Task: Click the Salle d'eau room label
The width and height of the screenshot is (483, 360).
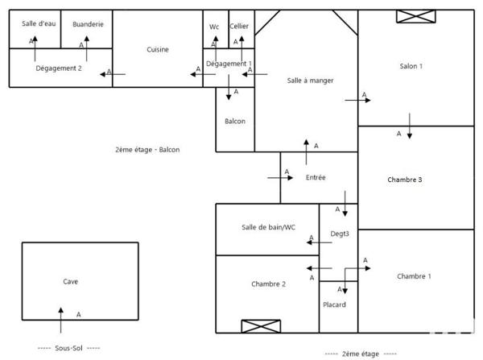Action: (35, 24)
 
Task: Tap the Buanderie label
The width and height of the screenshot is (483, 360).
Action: (88, 24)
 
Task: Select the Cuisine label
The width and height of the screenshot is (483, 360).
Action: (158, 49)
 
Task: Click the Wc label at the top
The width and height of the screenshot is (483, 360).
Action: (214, 27)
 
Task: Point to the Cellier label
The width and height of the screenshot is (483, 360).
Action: (239, 27)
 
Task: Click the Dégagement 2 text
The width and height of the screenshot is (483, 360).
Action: (59, 68)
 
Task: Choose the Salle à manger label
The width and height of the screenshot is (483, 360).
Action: (311, 81)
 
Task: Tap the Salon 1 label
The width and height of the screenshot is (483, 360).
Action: (411, 66)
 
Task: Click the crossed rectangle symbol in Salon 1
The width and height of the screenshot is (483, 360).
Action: (417, 16)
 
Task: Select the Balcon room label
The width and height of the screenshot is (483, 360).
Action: (235, 121)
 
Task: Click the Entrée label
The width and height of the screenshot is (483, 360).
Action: (316, 177)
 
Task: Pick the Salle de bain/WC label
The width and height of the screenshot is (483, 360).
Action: (269, 227)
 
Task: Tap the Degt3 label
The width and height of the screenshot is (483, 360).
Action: (340, 234)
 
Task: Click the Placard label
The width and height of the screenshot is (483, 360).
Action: (335, 304)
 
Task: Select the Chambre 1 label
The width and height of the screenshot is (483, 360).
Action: (414, 276)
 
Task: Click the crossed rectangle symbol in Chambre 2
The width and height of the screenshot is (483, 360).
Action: (261, 326)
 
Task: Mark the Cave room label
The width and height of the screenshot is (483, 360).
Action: (71, 282)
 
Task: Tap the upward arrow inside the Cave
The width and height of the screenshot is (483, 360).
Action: (60, 319)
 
